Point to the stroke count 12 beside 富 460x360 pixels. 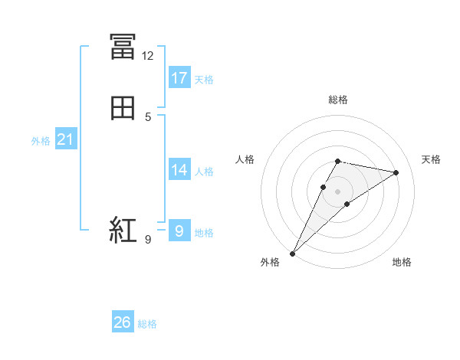[147, 56]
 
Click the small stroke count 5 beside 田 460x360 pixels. [148, 117]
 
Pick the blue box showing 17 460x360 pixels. [179, 77]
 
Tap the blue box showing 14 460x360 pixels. [179, 170]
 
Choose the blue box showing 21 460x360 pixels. [65, 139]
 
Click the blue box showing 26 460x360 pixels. [123, 322]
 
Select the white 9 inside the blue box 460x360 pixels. [179, 231]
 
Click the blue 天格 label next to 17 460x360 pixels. [204, 80]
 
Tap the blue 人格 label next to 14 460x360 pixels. [204, 172]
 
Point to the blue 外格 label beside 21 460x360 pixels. [41, 141]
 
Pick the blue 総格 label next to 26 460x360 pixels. [147, 324]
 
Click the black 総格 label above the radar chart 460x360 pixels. [338, 100]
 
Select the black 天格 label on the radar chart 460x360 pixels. [431, 159]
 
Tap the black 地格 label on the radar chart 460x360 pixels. [402, 262]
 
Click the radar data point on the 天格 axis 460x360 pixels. [396, 172]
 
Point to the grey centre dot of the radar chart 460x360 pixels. [338, 191]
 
